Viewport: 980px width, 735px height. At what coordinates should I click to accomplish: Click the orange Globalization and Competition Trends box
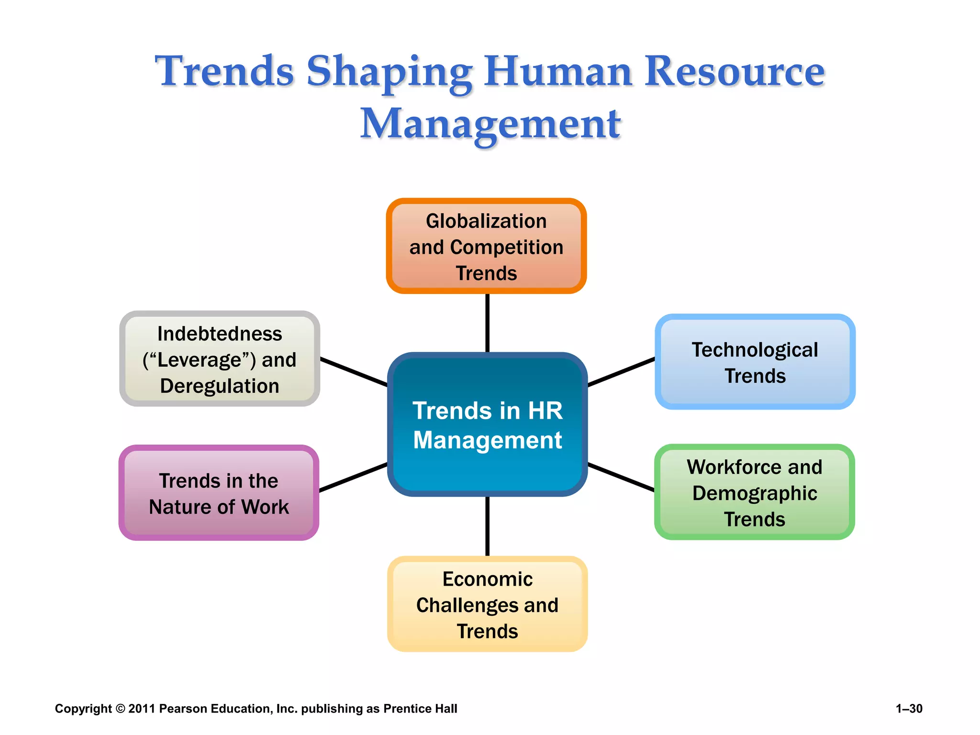pyautogui.click(x=486, y=246)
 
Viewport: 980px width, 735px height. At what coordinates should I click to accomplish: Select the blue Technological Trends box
pyautogui.click(x=755, y=362)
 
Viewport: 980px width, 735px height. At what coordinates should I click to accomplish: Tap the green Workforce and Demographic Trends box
pyautogui.click(x=754, y=492)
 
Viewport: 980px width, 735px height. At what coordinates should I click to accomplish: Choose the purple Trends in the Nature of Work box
pyautogui.click(x=219, y=493)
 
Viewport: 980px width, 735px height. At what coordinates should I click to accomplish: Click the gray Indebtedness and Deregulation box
pyautogui.click(x=220, y=359)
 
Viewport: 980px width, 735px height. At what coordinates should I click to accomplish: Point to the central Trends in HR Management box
pyautogui.click(x=487, y=424)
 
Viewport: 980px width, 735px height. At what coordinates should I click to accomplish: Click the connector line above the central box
pyautogui.click(x=487, y=323)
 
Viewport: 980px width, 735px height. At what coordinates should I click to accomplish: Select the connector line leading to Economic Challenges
pyautogui.click(x=487, y=526)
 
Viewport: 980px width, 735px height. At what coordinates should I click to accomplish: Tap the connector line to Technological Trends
pyautogui.click(x=621, y=371)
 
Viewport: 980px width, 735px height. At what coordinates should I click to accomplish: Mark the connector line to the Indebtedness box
pyautogui.click(x=354, y=371)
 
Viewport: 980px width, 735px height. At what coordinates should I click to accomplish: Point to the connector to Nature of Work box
pyautogui.click(x=353, y=477)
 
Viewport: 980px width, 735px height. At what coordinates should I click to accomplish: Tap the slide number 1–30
pyautogui.click(x=909, y=709)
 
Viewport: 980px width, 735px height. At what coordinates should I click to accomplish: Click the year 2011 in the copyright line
pyautogui.click(x=142, y=709)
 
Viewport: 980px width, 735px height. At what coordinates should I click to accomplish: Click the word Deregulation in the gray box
pyautogui.click(x=220, y=386)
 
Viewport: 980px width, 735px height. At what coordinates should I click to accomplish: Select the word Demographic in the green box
pyautogui.click(x=755, y=493)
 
